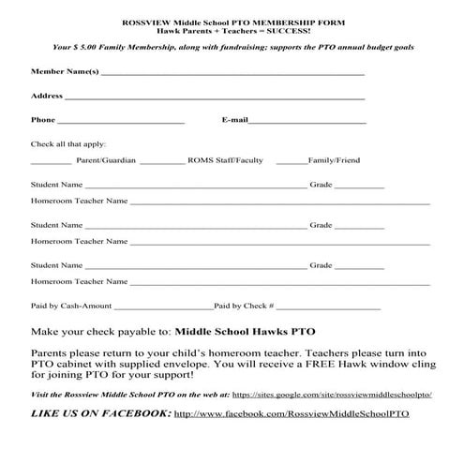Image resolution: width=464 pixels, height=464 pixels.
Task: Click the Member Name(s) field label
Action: point(64,71)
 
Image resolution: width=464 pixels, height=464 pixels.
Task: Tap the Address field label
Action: point(47,96)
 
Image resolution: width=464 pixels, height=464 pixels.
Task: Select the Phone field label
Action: point(43,120)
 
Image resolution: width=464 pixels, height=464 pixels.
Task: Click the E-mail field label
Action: point(234,120)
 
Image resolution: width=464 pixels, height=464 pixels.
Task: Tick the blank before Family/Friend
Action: point(292,161)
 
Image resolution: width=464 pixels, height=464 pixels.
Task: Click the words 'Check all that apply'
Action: point(67,144)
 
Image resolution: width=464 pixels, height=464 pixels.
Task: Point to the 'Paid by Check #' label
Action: point(244,306)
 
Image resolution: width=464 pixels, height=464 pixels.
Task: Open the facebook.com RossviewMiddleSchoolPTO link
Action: point(292,413)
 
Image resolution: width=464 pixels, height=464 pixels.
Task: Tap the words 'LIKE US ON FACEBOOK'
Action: point(101,413)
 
